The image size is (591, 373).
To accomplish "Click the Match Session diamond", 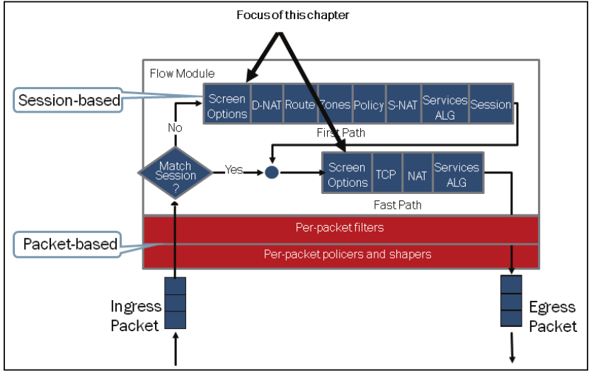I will (x=175, y=171).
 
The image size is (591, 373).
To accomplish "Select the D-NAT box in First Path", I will (x=265, y=105).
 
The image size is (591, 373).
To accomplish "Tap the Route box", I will (x=299, y=105).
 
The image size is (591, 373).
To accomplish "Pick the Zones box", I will (x=334, y=105).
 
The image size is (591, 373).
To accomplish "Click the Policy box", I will (x=368, y=105).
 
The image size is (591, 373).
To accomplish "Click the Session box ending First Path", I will (x=490, y=105).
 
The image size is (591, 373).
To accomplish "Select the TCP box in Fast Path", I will (x=386, y=173).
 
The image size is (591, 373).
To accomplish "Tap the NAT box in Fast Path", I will (x=417, y=173).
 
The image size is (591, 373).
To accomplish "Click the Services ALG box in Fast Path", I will (x=457, y=173).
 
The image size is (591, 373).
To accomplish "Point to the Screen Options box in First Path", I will (x=226, y=105).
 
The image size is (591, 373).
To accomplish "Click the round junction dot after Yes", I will (x=272, y=171).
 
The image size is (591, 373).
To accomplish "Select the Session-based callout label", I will (x=69, y=101).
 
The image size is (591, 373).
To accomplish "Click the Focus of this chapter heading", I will (x=292, y=15).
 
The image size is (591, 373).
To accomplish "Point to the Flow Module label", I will (x=182, y=73).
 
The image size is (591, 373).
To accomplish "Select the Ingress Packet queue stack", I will (x=175, y=303).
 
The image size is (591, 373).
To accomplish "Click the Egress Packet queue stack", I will (x=511, y=302).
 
